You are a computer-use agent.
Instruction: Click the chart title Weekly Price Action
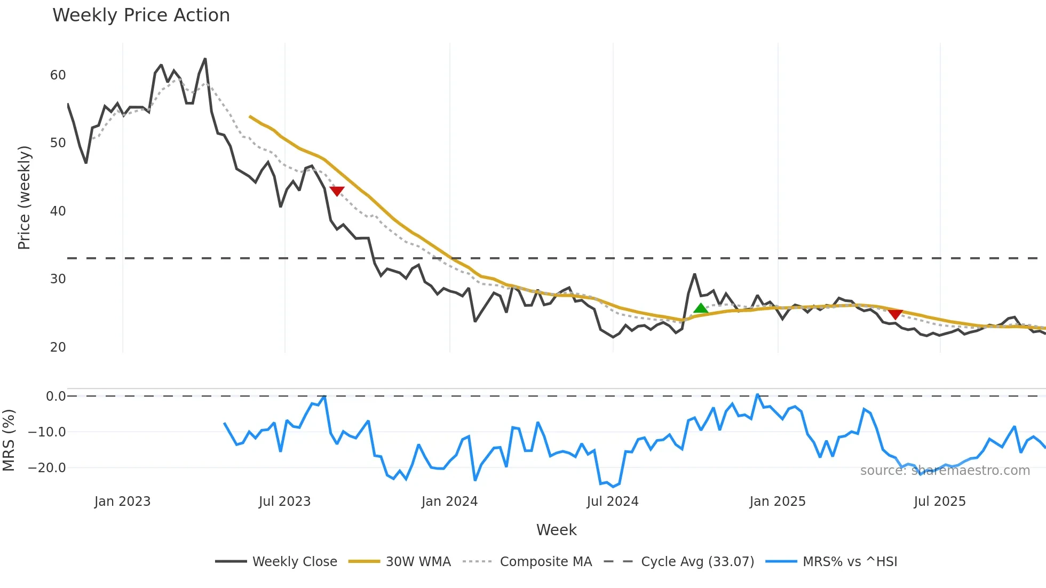(x=141, y=15)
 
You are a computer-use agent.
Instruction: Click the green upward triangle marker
(x=701, y=308)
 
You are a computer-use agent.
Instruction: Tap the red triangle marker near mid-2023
(x=337, y=190)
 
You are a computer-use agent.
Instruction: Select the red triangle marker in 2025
(x=895, y=314)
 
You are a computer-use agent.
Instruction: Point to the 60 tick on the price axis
(x=58, y=75)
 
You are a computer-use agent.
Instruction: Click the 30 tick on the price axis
(x=58, y=279)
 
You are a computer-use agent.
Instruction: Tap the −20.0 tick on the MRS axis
(x=47, y=468)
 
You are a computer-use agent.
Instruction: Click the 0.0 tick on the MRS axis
(x=56, y=396)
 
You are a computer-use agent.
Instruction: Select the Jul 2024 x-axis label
(x=612, y=502)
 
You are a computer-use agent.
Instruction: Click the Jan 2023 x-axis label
(x=122, y=502)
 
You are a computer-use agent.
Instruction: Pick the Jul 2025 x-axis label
(x=939, y=502)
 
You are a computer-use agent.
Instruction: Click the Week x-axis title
(x=556, y=530)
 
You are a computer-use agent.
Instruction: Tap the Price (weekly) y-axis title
(x=24, y=197)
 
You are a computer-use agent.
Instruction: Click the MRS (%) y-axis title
(x=9, y=440)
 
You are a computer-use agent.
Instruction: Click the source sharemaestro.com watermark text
(x=945, y=471)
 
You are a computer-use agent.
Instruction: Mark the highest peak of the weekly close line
(x=205, y=59)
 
